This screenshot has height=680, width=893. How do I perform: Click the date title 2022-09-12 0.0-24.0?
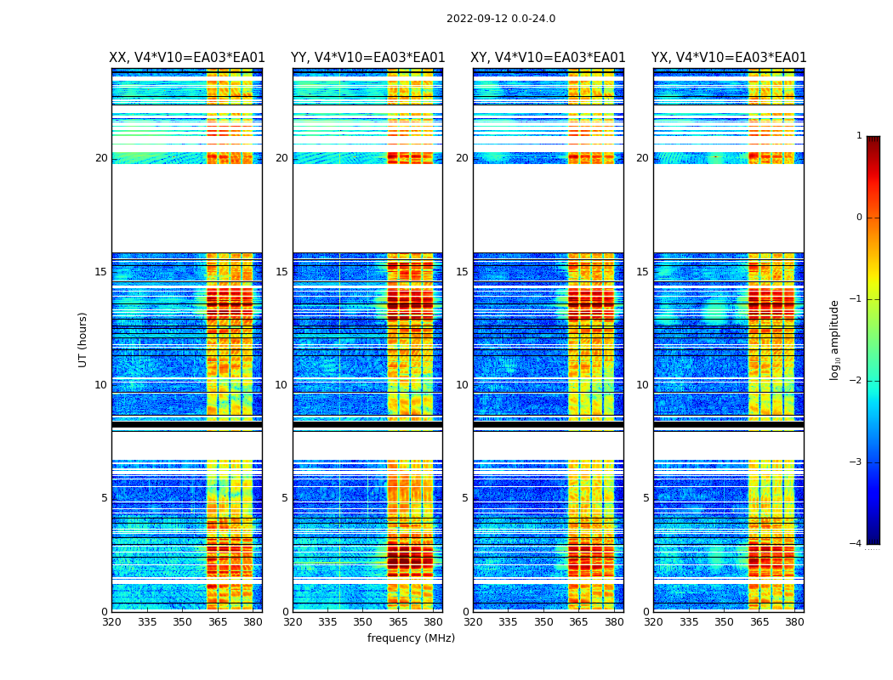click(x=501, y=19)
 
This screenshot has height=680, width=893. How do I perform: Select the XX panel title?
click(x=187, y=58)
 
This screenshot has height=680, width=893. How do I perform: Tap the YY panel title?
click(x=367, y=58)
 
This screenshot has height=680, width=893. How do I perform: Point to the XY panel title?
click(x=549, y=58)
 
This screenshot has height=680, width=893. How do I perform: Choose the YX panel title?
click(x=729, y=58)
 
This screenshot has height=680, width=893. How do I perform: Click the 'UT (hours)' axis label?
click(x=83, y=339)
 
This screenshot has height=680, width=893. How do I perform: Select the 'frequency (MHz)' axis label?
click(x=411, y=638)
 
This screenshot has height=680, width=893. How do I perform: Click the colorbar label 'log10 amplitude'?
click(x=835, y=339)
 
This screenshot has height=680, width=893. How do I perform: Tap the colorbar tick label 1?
click(x=859, y=136)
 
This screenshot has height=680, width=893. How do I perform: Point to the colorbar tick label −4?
click(x=856, y=544)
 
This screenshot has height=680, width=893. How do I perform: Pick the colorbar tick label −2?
click(x=856, y=381)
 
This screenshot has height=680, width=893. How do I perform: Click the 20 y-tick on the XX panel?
click(x=101, y=158)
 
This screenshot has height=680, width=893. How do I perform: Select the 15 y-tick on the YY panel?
click(x=282, y=272)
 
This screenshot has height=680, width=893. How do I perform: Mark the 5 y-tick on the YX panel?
click(x=646, y=498)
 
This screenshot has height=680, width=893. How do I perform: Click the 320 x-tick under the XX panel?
click(x=111, y=622)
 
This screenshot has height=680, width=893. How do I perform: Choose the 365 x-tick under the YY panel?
click(x=398, y=622)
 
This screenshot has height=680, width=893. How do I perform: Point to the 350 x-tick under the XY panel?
click(x=543, y=622)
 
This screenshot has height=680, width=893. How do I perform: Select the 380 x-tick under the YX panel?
click(x=794, y=622)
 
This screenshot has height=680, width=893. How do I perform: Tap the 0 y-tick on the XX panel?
click(x=104, y=612)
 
